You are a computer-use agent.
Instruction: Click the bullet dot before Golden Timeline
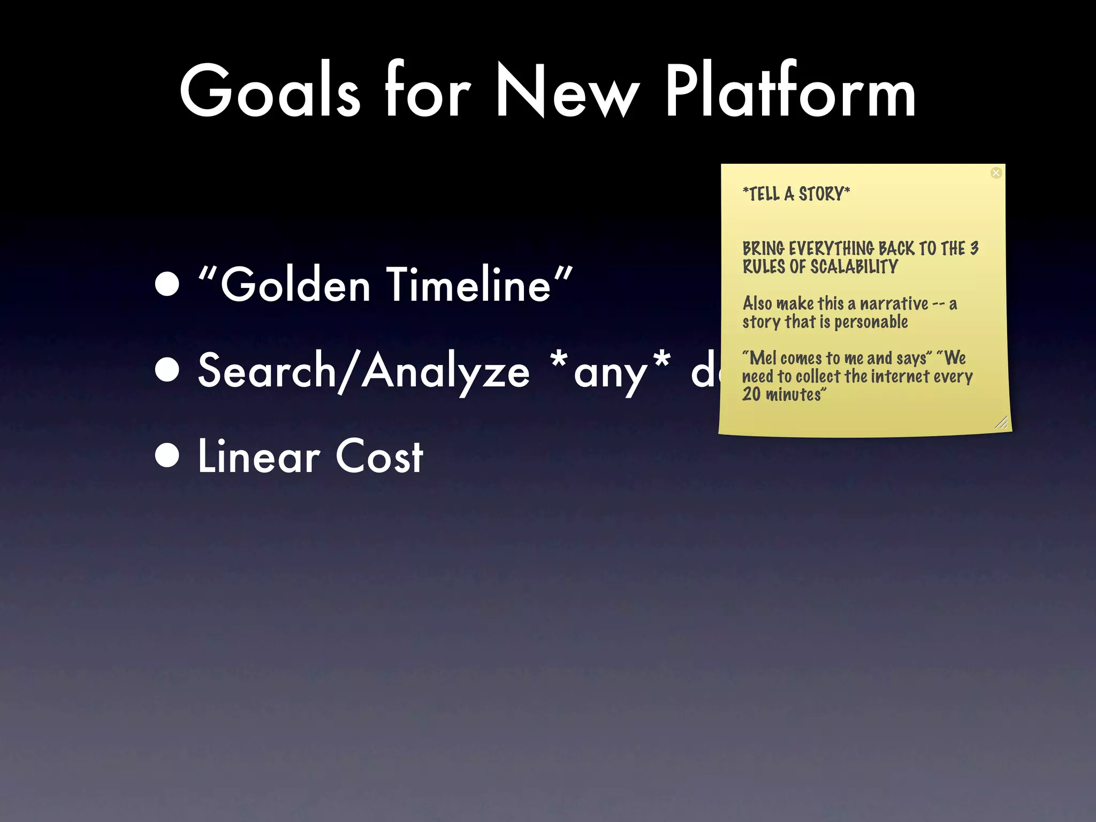click(168, 284)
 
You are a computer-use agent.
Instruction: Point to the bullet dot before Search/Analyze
click(168, 370)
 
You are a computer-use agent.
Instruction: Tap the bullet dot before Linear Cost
click(168, 456)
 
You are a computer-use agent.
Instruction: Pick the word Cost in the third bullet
click(379, 456)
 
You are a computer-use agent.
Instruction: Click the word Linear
click(259, 456)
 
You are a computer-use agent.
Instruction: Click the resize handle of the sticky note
click(1001, 423)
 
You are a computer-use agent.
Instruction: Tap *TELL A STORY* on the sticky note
click(796, 194)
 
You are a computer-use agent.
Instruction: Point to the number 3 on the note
click(974, 248)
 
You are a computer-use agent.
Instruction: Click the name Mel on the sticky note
click(763, 357)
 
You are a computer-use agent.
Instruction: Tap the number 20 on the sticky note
click(751, 394)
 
